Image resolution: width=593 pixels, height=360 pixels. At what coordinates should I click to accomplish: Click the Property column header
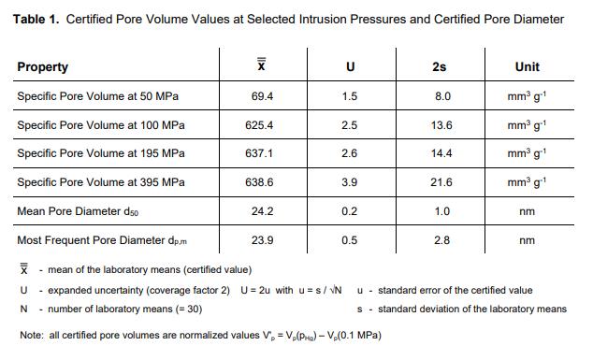43,67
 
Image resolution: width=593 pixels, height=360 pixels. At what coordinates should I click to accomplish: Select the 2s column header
439,67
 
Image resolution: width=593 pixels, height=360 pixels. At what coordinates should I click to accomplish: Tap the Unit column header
528,67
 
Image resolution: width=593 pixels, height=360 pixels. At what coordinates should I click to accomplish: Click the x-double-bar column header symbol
261,65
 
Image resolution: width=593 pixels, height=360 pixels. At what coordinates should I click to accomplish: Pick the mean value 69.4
262,96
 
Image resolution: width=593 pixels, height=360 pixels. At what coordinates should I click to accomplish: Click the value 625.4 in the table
259,125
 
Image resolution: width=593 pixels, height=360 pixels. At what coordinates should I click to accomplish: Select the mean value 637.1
259,153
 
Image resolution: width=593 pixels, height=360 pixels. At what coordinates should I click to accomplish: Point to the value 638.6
259,182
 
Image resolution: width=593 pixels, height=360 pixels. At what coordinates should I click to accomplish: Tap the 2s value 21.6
441,182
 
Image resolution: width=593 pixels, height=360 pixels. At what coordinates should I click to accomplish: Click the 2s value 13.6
441,125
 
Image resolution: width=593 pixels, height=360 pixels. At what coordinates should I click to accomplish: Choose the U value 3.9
350,182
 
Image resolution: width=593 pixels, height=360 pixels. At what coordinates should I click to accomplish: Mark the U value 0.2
350,211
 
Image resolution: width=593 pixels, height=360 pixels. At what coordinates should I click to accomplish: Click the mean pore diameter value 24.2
262,211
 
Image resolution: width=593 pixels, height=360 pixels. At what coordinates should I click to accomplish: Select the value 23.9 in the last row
262,240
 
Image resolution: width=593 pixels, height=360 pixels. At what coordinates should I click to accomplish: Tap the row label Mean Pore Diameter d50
78,211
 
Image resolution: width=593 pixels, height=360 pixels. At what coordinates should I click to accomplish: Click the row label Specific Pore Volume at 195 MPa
101,153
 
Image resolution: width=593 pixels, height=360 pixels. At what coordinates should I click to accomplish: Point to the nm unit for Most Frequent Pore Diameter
528,240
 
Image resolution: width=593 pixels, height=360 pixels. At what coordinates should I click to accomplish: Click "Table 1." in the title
36,19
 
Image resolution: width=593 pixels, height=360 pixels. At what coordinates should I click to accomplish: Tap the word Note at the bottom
32,335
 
